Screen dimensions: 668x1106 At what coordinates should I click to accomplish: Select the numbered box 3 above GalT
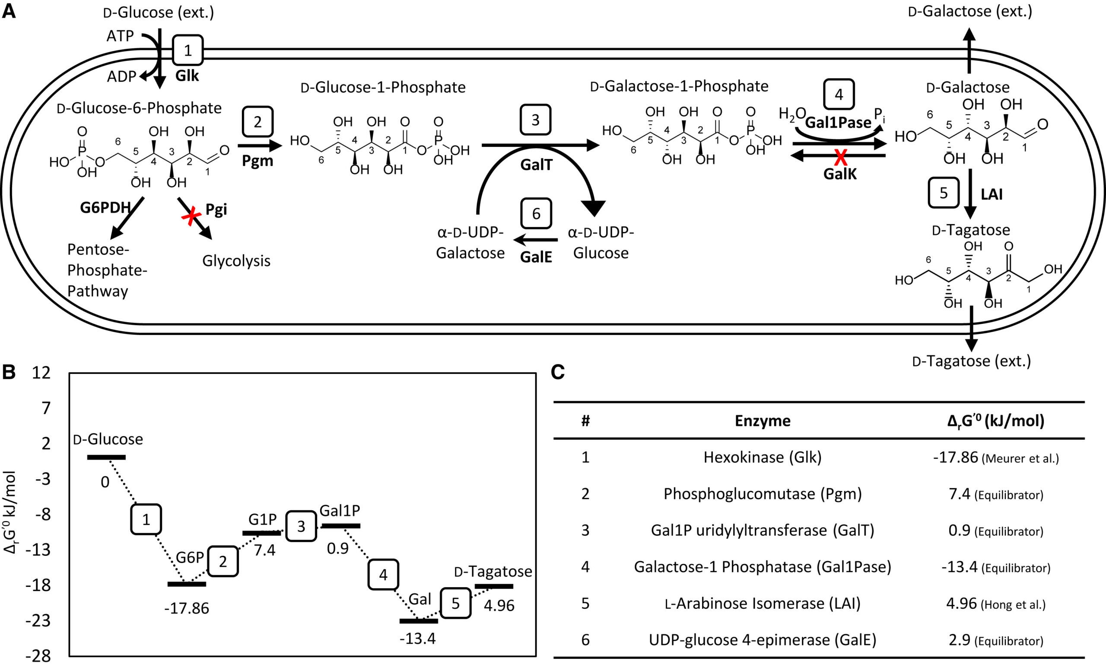coord(535,120)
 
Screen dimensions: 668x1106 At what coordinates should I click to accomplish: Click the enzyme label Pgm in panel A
coord(257,161)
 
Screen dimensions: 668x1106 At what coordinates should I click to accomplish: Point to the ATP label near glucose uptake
coord(120,36)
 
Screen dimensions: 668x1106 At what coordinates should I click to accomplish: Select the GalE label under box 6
coord(536,257)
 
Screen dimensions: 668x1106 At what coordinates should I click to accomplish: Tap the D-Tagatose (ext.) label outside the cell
coord(971,361)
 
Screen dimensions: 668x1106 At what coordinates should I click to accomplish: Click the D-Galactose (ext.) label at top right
coord(970,11)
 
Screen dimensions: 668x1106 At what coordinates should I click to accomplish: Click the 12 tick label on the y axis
coord(41,372)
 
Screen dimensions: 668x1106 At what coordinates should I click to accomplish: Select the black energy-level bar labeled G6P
coord(187,584)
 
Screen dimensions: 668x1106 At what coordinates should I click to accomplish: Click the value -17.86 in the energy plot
coord(187,609)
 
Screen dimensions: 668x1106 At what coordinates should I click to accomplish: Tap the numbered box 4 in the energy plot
coord(383,574)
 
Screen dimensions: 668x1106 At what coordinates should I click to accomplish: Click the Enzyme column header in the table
coord(762,421)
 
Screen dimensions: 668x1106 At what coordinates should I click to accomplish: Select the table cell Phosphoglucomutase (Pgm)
coord(762,494)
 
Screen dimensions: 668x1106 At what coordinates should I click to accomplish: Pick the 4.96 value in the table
coord(961,603)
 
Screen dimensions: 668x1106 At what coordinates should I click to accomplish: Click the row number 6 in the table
coord(585,640)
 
